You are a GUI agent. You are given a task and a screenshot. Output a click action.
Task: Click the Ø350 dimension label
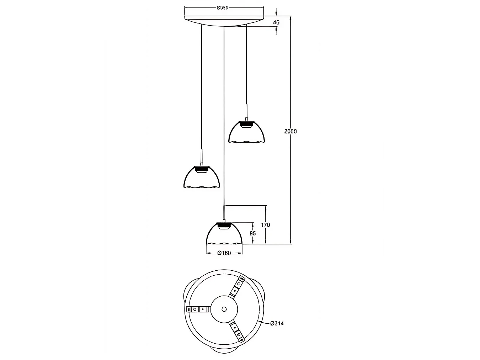(222, 8)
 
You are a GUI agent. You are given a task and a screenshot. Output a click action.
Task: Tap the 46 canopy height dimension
(276, 22)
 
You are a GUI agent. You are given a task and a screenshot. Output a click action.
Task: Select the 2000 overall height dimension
(290, 131)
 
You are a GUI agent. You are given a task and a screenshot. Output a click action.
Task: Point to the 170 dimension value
(266, 224)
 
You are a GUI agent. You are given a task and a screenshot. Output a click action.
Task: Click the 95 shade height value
(252, 233)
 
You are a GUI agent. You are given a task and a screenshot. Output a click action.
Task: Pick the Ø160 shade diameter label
(224, 253)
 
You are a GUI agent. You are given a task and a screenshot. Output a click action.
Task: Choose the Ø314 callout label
(277, 323)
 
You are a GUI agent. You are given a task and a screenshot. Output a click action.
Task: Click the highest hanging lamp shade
(246, 132)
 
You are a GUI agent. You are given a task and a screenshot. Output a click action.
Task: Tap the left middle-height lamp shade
(202, 177)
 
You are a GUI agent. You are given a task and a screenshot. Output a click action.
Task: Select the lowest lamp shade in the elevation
(224, 234)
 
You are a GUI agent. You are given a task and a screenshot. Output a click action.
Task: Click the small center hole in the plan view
(224, 309)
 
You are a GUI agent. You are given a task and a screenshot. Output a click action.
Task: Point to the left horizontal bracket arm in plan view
(198, 309)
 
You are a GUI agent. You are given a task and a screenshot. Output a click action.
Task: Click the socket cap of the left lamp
(202, 169)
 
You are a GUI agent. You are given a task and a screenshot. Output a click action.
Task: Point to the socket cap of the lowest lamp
(224, 226)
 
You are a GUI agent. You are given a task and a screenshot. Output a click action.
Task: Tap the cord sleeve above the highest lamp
(246, 112)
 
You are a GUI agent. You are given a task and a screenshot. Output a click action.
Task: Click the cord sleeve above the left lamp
(202, 158)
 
